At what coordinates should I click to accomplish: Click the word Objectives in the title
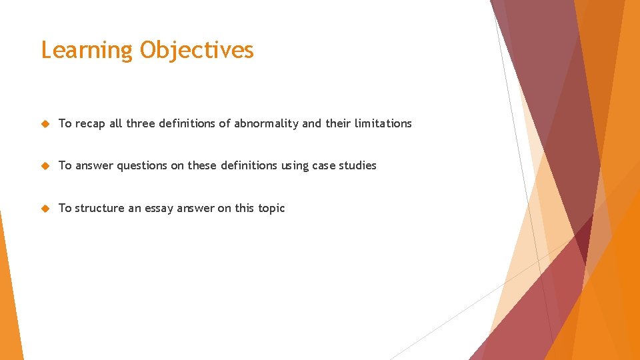[197, 51]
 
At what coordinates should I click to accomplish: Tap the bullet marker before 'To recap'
[45, 123]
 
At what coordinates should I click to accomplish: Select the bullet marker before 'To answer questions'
[45, 165]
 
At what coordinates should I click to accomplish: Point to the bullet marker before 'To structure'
[45, 208]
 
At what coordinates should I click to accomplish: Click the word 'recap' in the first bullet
[91, 123]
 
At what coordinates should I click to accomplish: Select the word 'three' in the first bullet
[140, 123]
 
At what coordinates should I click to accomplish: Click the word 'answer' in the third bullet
[197, 208]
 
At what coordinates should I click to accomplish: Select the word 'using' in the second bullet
[295, 165]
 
